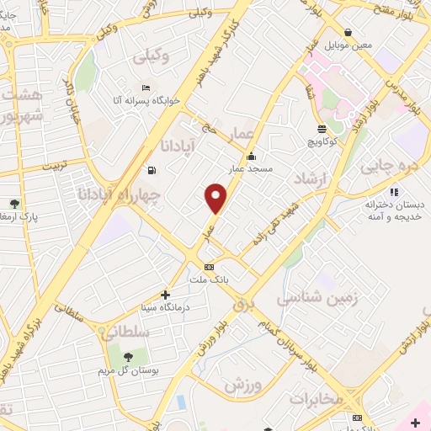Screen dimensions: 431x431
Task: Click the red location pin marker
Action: [216, 199]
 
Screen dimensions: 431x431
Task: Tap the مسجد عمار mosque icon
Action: [251, 156]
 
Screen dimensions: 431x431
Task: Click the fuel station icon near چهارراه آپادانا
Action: [151, 169]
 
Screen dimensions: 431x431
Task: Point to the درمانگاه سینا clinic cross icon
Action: [165, 295]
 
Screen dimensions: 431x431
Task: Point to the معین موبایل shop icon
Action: [348, 32]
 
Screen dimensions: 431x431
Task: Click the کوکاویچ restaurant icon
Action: [322, 129]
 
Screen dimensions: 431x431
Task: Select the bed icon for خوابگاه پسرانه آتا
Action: [146, 88]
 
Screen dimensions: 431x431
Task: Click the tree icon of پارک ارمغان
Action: [14, 204]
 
